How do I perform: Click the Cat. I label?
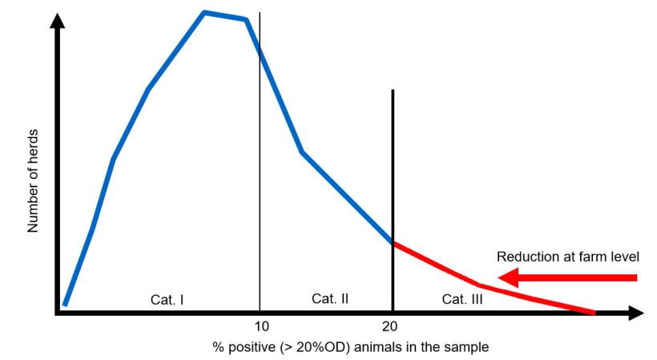pos(167,299)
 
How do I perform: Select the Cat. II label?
pos(329,298)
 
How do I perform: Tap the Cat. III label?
pos(462,298)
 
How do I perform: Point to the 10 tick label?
pos(260,326)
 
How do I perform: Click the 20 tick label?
pos(391,326)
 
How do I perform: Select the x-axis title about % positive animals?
pos(350,347)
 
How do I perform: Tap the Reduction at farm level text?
pos(567,257)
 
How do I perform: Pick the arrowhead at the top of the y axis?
pos(57,21)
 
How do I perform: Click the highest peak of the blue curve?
pos(205,12)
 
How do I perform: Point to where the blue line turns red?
pos(393,242)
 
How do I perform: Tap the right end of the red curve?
pos(595,313)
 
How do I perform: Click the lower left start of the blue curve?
pos(65,305)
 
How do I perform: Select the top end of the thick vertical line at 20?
pos(393,91)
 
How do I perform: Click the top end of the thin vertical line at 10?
pos(260,14)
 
